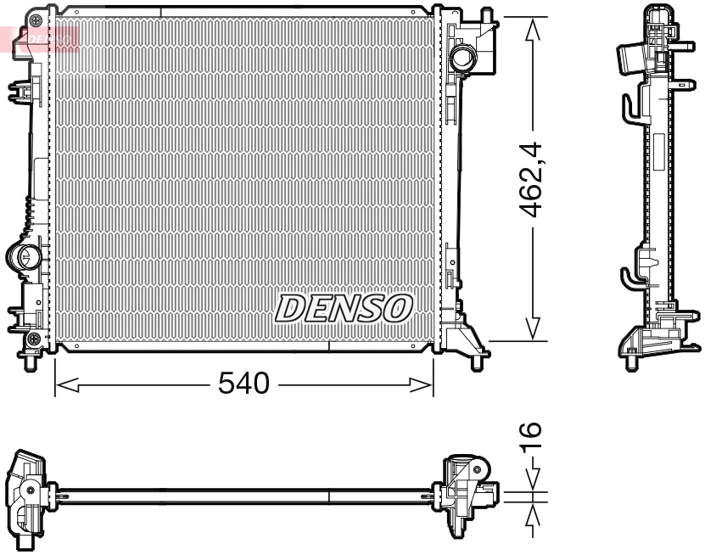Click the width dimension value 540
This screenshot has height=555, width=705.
(x=243, y=384)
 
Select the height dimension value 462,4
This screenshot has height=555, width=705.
(x=532, y=180)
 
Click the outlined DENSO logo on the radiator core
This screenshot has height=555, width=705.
(x=344, y=308)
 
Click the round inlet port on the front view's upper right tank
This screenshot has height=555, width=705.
(x=463, y=59)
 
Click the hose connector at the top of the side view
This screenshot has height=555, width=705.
(x=628, y=62)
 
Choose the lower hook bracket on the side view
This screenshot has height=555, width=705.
(x=629, y=278)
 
